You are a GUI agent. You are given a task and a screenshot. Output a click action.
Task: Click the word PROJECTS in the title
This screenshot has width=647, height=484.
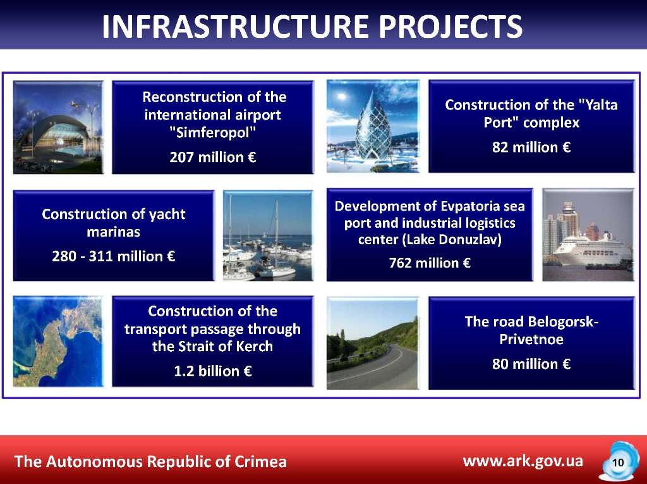click(x=450, y=27)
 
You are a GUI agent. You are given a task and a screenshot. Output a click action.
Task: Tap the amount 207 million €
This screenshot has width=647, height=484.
click(x=213, y=157)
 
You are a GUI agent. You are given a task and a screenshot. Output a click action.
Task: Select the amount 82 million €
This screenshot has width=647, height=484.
click(x=531, y=147)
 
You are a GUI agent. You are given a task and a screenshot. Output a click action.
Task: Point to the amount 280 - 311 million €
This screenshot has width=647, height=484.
click(x=114, y=256)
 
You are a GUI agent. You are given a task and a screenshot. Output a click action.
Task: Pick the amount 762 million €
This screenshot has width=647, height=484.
click(x=430, y=263)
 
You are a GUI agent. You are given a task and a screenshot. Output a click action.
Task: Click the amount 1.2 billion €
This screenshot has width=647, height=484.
click(x=213, y=371)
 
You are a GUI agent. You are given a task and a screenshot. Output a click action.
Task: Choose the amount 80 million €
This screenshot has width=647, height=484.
click(x=531, y=364)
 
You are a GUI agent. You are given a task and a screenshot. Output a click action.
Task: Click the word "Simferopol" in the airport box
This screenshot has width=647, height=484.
click(x=213, y=133)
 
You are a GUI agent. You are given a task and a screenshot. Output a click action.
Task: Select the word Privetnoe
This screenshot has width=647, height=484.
click(x=531, y=339)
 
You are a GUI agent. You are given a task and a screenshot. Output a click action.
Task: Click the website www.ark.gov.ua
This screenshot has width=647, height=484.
click(x=523, y=461)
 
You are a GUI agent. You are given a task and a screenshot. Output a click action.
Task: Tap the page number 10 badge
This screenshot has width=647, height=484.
click(x=618, y=462)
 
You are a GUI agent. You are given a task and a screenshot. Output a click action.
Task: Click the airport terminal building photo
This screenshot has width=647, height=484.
click(x=58, y=127)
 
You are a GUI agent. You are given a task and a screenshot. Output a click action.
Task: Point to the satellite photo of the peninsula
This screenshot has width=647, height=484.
click(x=58, y=342)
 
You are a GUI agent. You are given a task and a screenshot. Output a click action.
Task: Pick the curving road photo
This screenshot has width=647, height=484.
click(x=373, y=344)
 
